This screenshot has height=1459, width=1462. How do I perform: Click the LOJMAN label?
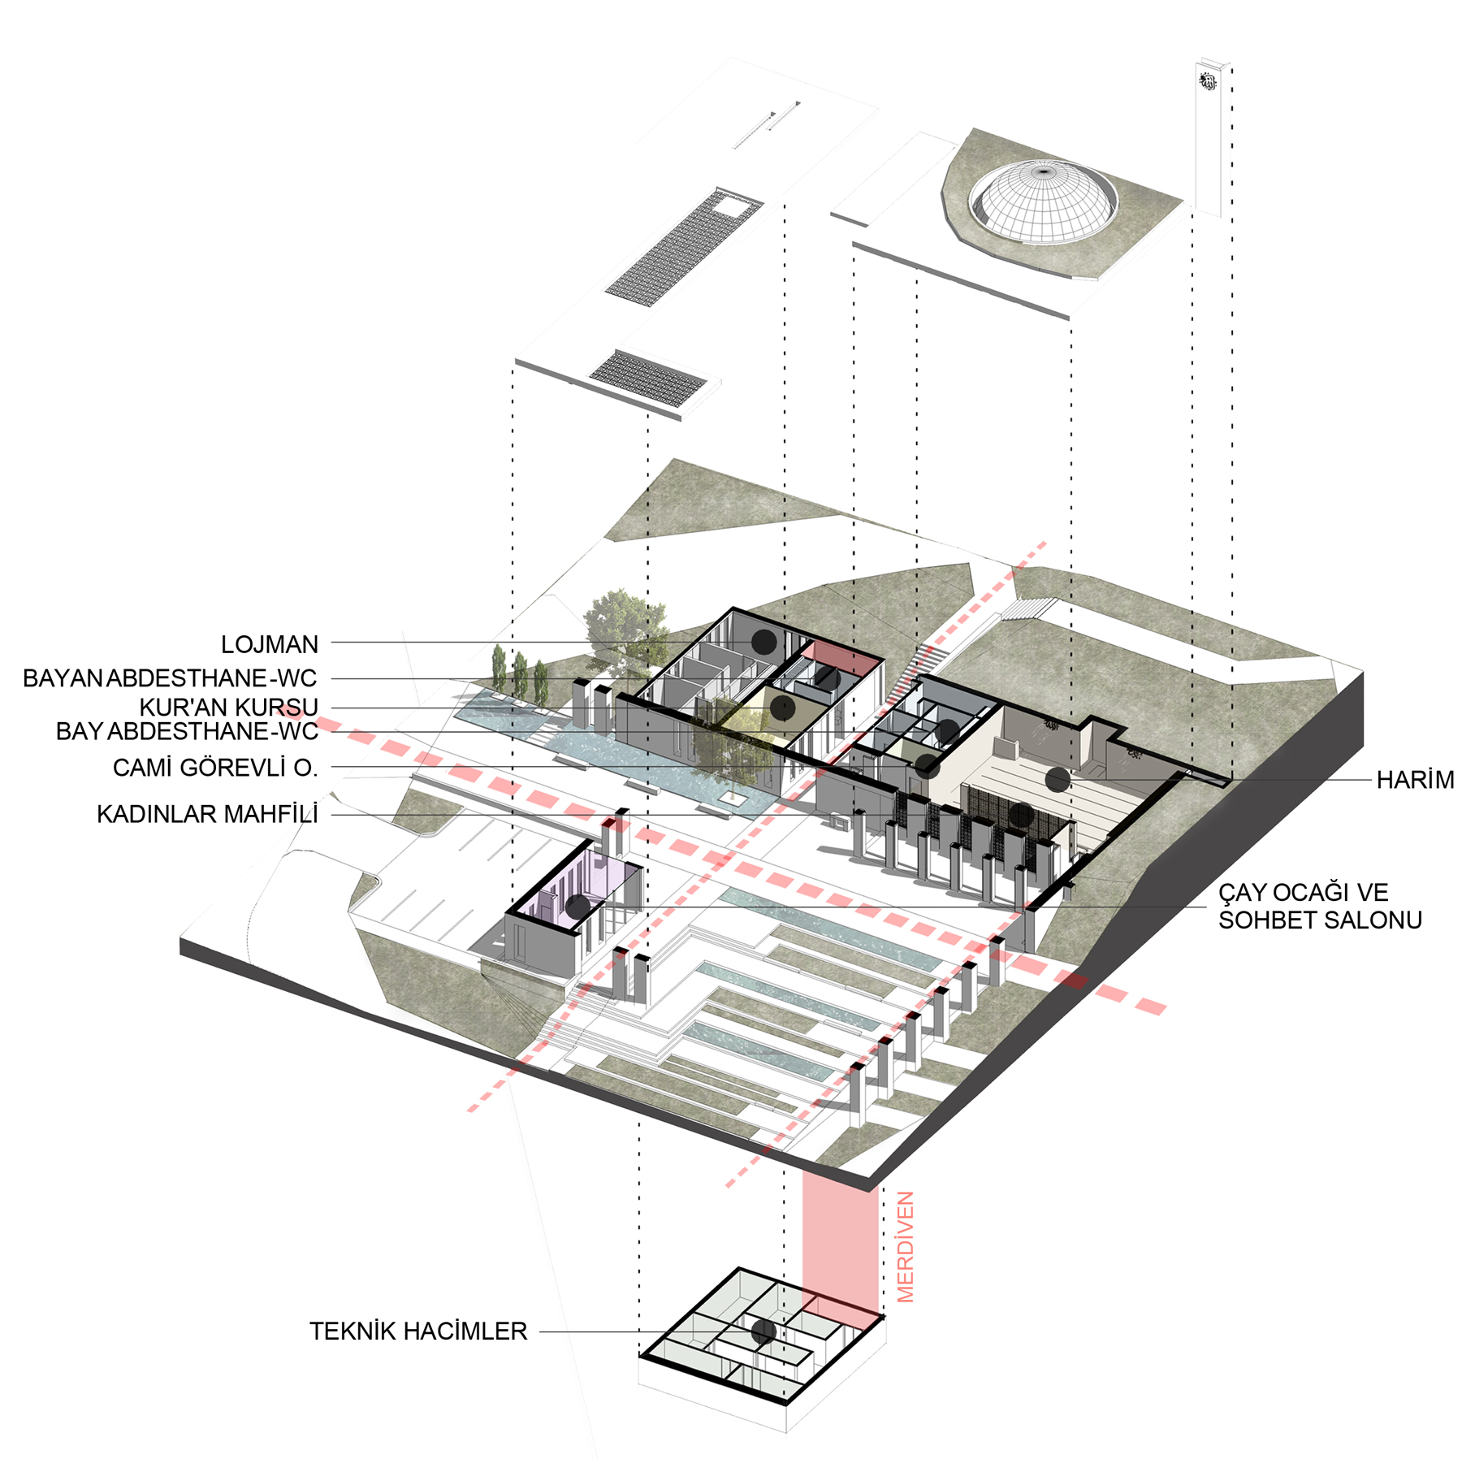coord(269,644)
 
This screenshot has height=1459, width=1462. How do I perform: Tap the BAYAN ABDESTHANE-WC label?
coord(170,678)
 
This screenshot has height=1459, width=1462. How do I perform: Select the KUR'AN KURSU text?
coord(228,707)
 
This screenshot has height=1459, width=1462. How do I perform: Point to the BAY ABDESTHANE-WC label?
coord(187,731)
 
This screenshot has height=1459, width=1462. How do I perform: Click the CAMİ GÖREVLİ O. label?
coord(214,767)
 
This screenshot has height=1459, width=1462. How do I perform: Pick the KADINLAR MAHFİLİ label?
coord(207,814)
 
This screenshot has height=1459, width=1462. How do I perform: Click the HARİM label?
coord(1414,780)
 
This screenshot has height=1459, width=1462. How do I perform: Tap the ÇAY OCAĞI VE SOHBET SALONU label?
coord(1319,906)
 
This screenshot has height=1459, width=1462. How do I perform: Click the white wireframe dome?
coord(1042,200)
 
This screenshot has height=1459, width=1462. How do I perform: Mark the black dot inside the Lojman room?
coord(763,642)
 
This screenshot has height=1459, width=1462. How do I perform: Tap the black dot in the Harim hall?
coord(1057,780)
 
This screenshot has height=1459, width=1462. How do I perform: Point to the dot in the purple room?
coord(577,907)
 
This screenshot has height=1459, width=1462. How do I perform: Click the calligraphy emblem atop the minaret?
coord(1209,81)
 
